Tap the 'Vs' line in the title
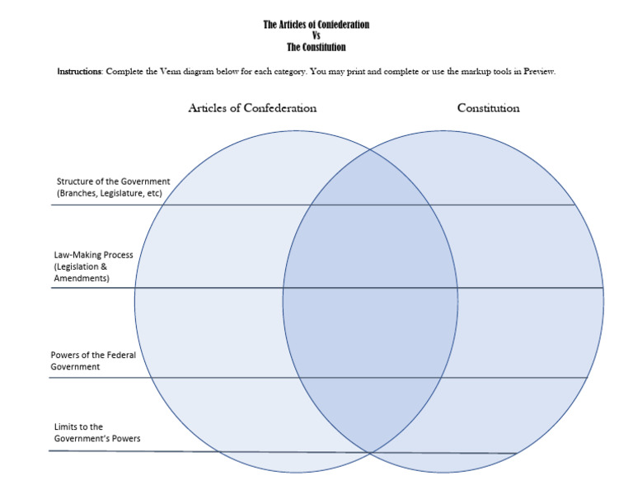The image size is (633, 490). (316, 35)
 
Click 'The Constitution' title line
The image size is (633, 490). (316, 47)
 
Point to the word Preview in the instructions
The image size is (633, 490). (539, 72)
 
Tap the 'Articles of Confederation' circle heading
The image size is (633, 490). (252, 108)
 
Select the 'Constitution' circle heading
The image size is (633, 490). (488, 108)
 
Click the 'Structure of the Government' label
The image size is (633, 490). (113, 181)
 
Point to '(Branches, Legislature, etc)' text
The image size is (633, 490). (109, 193)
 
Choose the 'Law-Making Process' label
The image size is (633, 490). (93, 255)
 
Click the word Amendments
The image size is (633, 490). (82, 279)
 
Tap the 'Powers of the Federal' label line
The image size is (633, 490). (93, 355)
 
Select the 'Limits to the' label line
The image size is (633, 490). (78, 426)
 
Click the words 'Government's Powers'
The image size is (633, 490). (96, 438)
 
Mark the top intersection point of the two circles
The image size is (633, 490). (368, 150)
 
